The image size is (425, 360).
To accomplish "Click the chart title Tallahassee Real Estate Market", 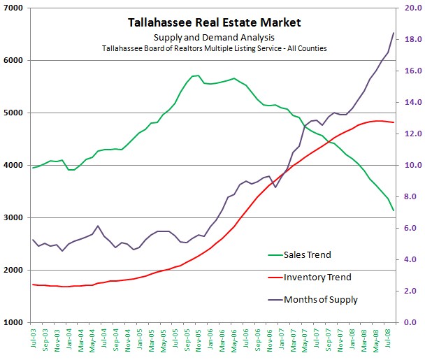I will [x=215, y=22].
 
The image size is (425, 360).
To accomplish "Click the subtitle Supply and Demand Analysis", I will [x=215, y=37].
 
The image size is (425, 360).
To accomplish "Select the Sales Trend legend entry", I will [x=308, y=255].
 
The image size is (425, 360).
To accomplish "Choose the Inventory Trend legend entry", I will [x=317, y=278].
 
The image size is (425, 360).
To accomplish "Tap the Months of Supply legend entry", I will [x=320, y=300].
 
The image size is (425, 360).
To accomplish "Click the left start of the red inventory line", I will [x=33, y=285].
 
